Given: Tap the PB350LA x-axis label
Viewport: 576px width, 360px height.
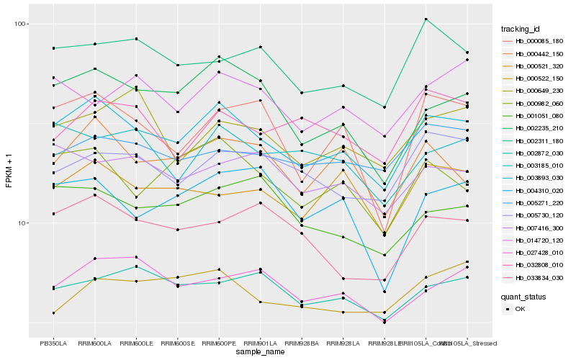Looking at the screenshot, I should click(x=53, y=343).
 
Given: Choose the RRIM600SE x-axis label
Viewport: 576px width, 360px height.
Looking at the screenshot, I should click(x=177, y=343).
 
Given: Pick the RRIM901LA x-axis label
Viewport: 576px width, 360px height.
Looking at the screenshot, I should click(x=260, y=343).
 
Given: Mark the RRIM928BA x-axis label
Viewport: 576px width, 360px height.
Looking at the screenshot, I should click(x=302, y=343).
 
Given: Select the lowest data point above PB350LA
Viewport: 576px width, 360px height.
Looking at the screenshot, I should click(x=53, y=313).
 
